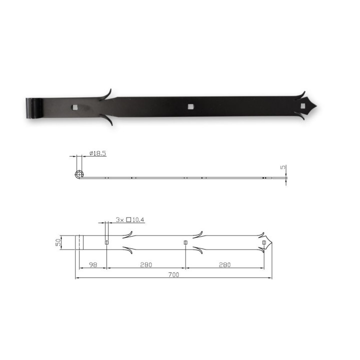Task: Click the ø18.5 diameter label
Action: [98, 153]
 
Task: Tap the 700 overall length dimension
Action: [173, 275]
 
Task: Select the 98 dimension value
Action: [93, 265]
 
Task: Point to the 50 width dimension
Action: [58, 242]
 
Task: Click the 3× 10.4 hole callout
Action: [130, 219]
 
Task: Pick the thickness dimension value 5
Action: [283, 167]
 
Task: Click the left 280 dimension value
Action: [146, 265]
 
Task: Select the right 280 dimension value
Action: [224, 265]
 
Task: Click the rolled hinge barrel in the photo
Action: [34, 108]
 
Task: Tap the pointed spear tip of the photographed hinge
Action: [316, 106]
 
